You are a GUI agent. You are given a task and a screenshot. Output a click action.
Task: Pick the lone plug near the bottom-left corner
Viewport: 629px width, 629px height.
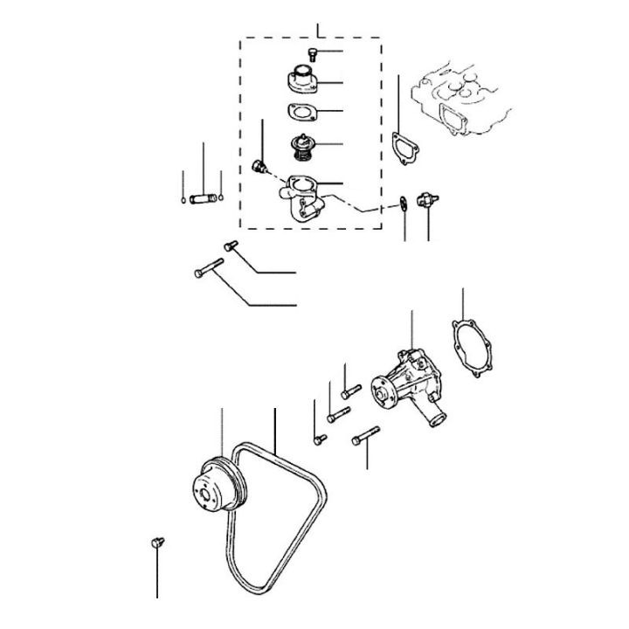tap(157, 543)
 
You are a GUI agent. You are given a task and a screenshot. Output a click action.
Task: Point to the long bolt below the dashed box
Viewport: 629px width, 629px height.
tap(209, 268)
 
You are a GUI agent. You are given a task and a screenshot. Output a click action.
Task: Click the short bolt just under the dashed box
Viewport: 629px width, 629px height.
tap(232, 246)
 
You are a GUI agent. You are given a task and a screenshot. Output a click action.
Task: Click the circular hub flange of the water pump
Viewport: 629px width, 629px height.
tap(382, 393)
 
